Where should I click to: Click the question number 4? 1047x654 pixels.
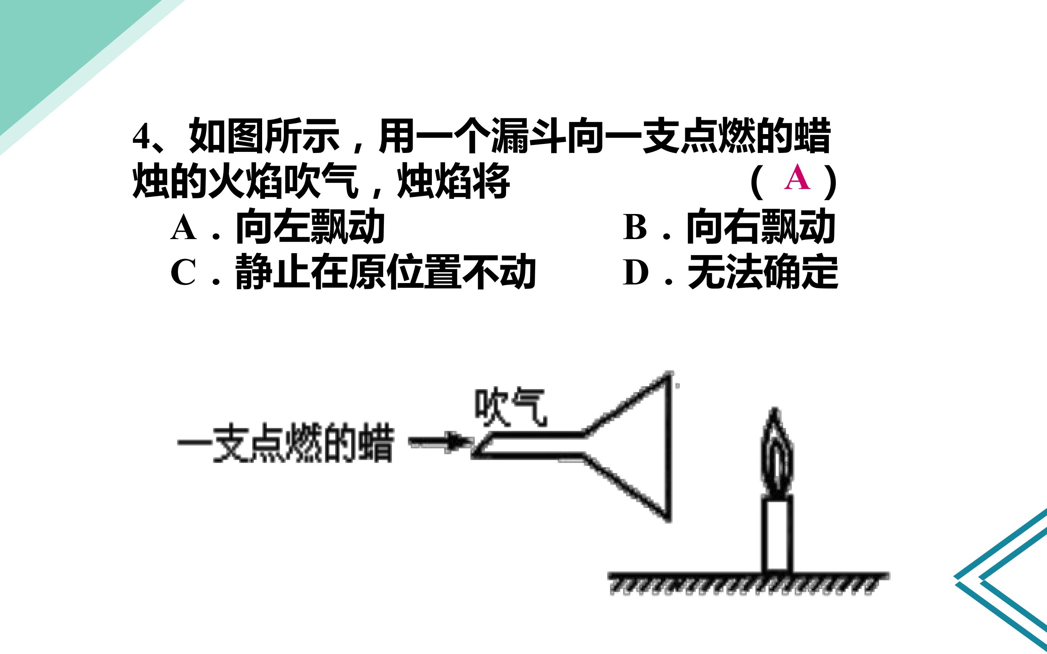(141, 137)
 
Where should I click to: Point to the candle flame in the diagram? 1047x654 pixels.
(778, 452)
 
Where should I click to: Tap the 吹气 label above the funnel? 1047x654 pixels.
(510, 407)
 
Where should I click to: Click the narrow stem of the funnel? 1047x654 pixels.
(528, 444)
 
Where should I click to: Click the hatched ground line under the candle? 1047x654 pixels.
(749, 583)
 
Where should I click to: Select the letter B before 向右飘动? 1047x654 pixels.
(635, 227)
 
